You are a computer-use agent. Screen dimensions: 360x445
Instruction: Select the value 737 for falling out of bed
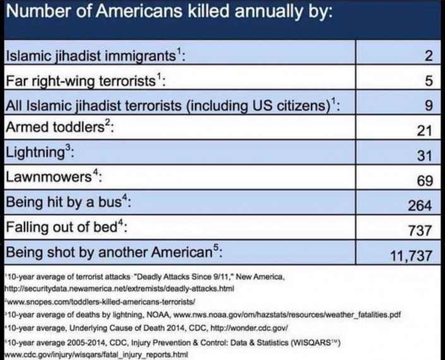pyautogui.click(x=420, y=230)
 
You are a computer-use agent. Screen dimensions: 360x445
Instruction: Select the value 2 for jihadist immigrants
pyautogui.click(x=429, y=57)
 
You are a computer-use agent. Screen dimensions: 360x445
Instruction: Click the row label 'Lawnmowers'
pyautogui.click(x=47, y=178)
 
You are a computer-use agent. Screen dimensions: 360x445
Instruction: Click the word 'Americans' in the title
pyautogui.click(x=129, y=12)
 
